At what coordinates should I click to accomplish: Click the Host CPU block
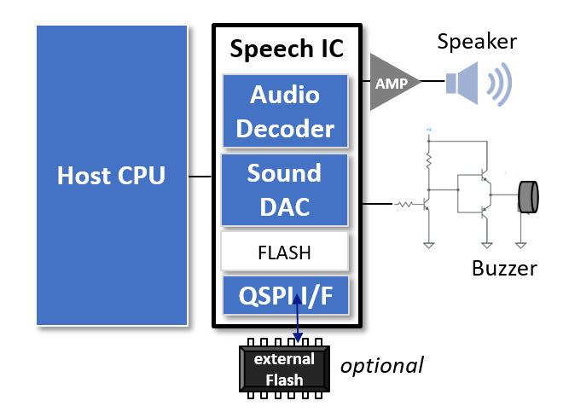[x=112, y=175]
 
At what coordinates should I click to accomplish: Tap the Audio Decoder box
[x=285, y=112]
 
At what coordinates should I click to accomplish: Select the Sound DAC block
[x=285, y=189]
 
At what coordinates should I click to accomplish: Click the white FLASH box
[x=285, y=253]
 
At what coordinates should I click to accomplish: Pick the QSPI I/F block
[x=285, y=295]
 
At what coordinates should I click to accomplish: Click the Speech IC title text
[x=287, y=49]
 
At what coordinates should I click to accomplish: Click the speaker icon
[x=479, y=83]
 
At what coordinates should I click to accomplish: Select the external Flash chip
[x=285, y=369]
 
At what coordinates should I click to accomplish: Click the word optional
[x=382, y=366]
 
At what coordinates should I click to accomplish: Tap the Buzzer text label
[x=503, y=269]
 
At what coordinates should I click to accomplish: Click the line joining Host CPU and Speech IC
[x=200, y=177]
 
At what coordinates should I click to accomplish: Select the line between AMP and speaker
[x=432, y=83]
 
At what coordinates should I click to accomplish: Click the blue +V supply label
[x=429, y=131]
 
